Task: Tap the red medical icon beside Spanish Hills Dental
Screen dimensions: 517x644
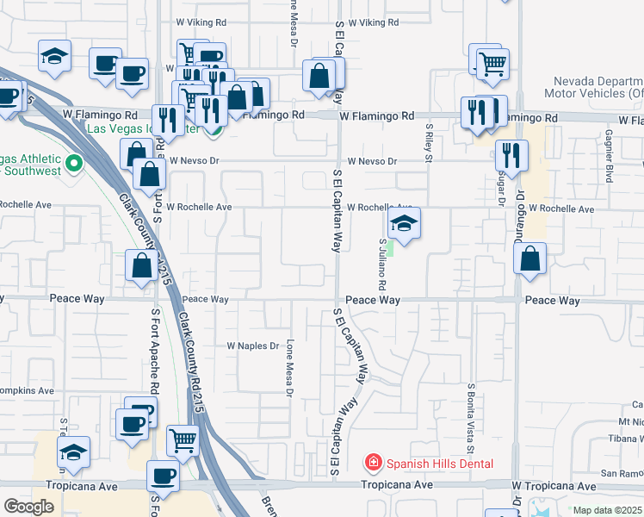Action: pyautogui.click(x=373, y=464)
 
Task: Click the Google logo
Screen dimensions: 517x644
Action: pyautogui.click(x=28, y=507)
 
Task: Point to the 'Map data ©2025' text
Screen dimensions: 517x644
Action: pyautogui.click(x=607, y=510)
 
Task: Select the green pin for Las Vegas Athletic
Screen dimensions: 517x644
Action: pyautogui.click(x=74, y=162)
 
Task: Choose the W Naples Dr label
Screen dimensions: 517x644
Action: pyautogui.click(x=252, y=346)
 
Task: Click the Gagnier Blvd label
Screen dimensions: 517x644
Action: pyautogui.click(x=608, y=156)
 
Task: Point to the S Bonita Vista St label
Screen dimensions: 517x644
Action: pyautogui.click(x=471, y=419)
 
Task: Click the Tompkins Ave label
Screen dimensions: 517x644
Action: pyautogui.click(x=26, y=390)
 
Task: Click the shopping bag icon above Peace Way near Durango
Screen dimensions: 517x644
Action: pyautogui.click(x=530, y=259)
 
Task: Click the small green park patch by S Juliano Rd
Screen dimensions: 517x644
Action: pyautogui.click(x=389, y=248)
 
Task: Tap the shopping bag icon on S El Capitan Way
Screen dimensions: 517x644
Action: pyautogui.click(x=319, y=77)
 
